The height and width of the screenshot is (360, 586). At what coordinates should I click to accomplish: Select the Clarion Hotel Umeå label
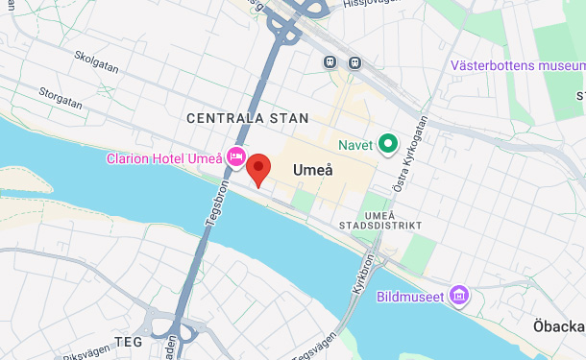[164, 158]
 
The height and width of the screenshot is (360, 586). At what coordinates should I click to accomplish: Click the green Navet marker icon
[388, 145]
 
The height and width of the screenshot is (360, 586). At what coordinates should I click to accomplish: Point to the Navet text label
[355, 145]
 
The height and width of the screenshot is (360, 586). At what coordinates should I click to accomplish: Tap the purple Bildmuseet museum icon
[460, 296]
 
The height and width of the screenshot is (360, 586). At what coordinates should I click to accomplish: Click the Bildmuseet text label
[410, 297]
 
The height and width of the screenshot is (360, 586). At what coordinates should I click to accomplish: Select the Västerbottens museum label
[517, 66]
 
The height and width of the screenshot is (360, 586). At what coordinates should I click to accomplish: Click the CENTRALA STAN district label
[248, 118]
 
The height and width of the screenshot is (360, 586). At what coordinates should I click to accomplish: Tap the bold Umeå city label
[312, 170]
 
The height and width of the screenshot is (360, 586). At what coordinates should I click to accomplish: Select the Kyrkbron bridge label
[362, 279]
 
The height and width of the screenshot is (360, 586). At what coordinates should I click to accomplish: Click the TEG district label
[128, 341]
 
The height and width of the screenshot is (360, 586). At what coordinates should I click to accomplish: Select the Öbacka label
[559, 326]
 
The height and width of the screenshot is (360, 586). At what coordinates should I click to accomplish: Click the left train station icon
[330, 62]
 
